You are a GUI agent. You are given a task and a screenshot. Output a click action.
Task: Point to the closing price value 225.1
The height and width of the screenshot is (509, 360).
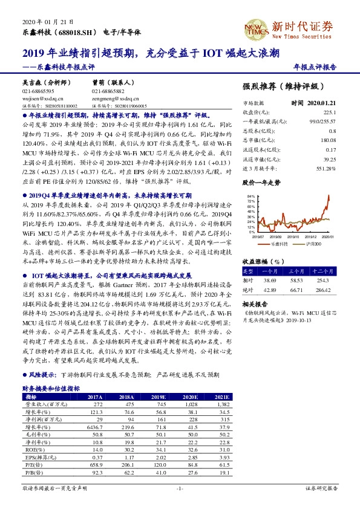[329, 112]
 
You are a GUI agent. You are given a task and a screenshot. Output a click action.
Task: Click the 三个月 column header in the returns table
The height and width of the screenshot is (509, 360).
[295, 272]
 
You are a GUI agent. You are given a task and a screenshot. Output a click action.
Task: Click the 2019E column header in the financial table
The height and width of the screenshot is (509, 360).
[157, 397]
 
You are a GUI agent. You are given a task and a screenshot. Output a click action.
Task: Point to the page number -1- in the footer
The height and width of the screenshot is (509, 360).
[180, 487]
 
